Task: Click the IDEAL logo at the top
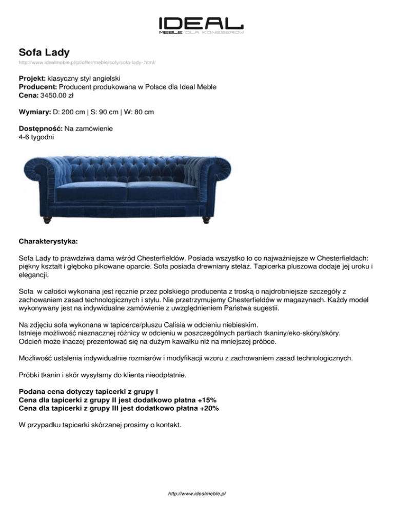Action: pos(201,25)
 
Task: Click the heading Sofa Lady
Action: pos(44,52)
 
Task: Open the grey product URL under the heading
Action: pos(87,63)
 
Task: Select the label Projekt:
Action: pos(32,79)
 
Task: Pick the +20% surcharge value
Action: pos(208,408)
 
